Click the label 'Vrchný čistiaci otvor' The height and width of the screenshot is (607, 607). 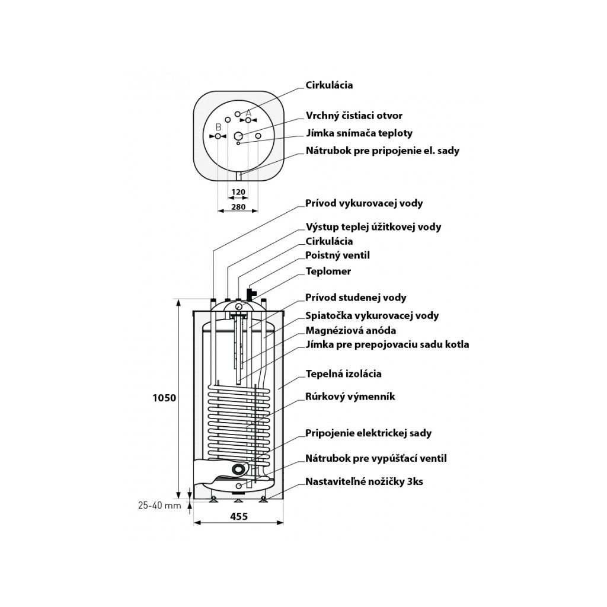[354, 116]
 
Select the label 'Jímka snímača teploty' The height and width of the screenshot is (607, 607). [359, 133]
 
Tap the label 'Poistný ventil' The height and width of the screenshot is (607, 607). [337, 255]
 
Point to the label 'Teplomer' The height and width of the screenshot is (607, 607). [328, 271]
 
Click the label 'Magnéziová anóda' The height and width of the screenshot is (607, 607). [350, 330]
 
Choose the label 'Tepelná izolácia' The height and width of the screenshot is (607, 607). [343, 374]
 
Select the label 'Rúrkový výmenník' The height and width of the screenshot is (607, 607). [350, 397]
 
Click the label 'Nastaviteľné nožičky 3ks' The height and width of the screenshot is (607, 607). [364, 481]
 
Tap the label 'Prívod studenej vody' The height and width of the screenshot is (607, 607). [356, 298]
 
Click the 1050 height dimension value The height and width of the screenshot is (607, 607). [165, 398]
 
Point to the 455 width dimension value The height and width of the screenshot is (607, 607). [238, 516]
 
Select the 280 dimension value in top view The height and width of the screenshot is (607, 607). [238, 207]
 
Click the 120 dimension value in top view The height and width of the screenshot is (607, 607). [238, 192]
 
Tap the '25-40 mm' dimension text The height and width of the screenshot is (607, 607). [158, 506]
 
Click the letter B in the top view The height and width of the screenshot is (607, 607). [218, 127]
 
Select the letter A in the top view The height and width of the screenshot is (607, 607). [249, 113]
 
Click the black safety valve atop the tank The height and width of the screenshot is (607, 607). [251, 293]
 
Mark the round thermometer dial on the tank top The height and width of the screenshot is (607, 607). [238, 306]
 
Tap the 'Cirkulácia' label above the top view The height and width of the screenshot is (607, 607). [329, 85]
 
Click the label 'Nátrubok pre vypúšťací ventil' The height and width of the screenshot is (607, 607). [376, 458]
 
